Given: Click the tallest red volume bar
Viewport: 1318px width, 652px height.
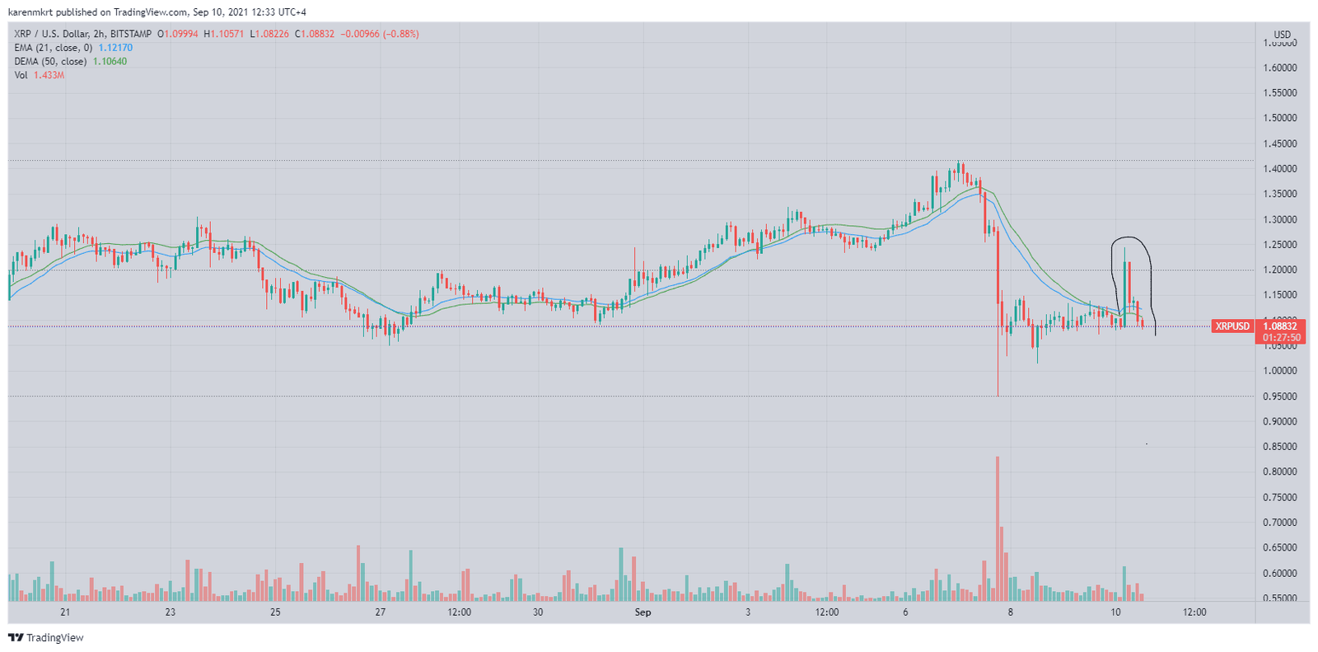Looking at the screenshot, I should [998, 528].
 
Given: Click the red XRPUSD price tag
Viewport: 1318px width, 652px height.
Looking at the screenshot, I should [1232, 326].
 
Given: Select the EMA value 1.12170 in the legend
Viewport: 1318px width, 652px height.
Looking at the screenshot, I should [115, 48].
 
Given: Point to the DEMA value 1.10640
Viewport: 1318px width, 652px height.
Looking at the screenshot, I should [110, 62].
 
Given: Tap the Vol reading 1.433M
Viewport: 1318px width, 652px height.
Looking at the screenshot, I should [49, 75].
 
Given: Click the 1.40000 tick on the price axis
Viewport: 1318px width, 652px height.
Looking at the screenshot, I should [1280, 169].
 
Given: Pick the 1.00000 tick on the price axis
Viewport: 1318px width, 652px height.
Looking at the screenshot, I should [1280, 371].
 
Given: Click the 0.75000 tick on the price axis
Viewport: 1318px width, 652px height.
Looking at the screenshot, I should [1280, 498].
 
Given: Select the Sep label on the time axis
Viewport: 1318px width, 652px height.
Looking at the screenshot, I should [643, 612].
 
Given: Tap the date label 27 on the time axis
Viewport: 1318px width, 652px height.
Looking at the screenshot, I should [380, 612].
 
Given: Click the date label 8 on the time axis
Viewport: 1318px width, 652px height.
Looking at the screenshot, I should [1010, 612].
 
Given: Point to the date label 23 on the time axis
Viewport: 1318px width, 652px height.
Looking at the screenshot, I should [171, 612].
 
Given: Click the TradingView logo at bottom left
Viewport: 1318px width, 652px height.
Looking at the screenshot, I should [46, 638].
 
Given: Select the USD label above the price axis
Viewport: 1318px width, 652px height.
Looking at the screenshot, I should [1283, 35].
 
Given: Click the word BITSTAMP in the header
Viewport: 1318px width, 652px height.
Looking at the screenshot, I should [131, 34].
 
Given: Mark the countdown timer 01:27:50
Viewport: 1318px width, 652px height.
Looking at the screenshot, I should [1282, 338].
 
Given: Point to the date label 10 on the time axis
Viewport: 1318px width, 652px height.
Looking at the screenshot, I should [1115, 612].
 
